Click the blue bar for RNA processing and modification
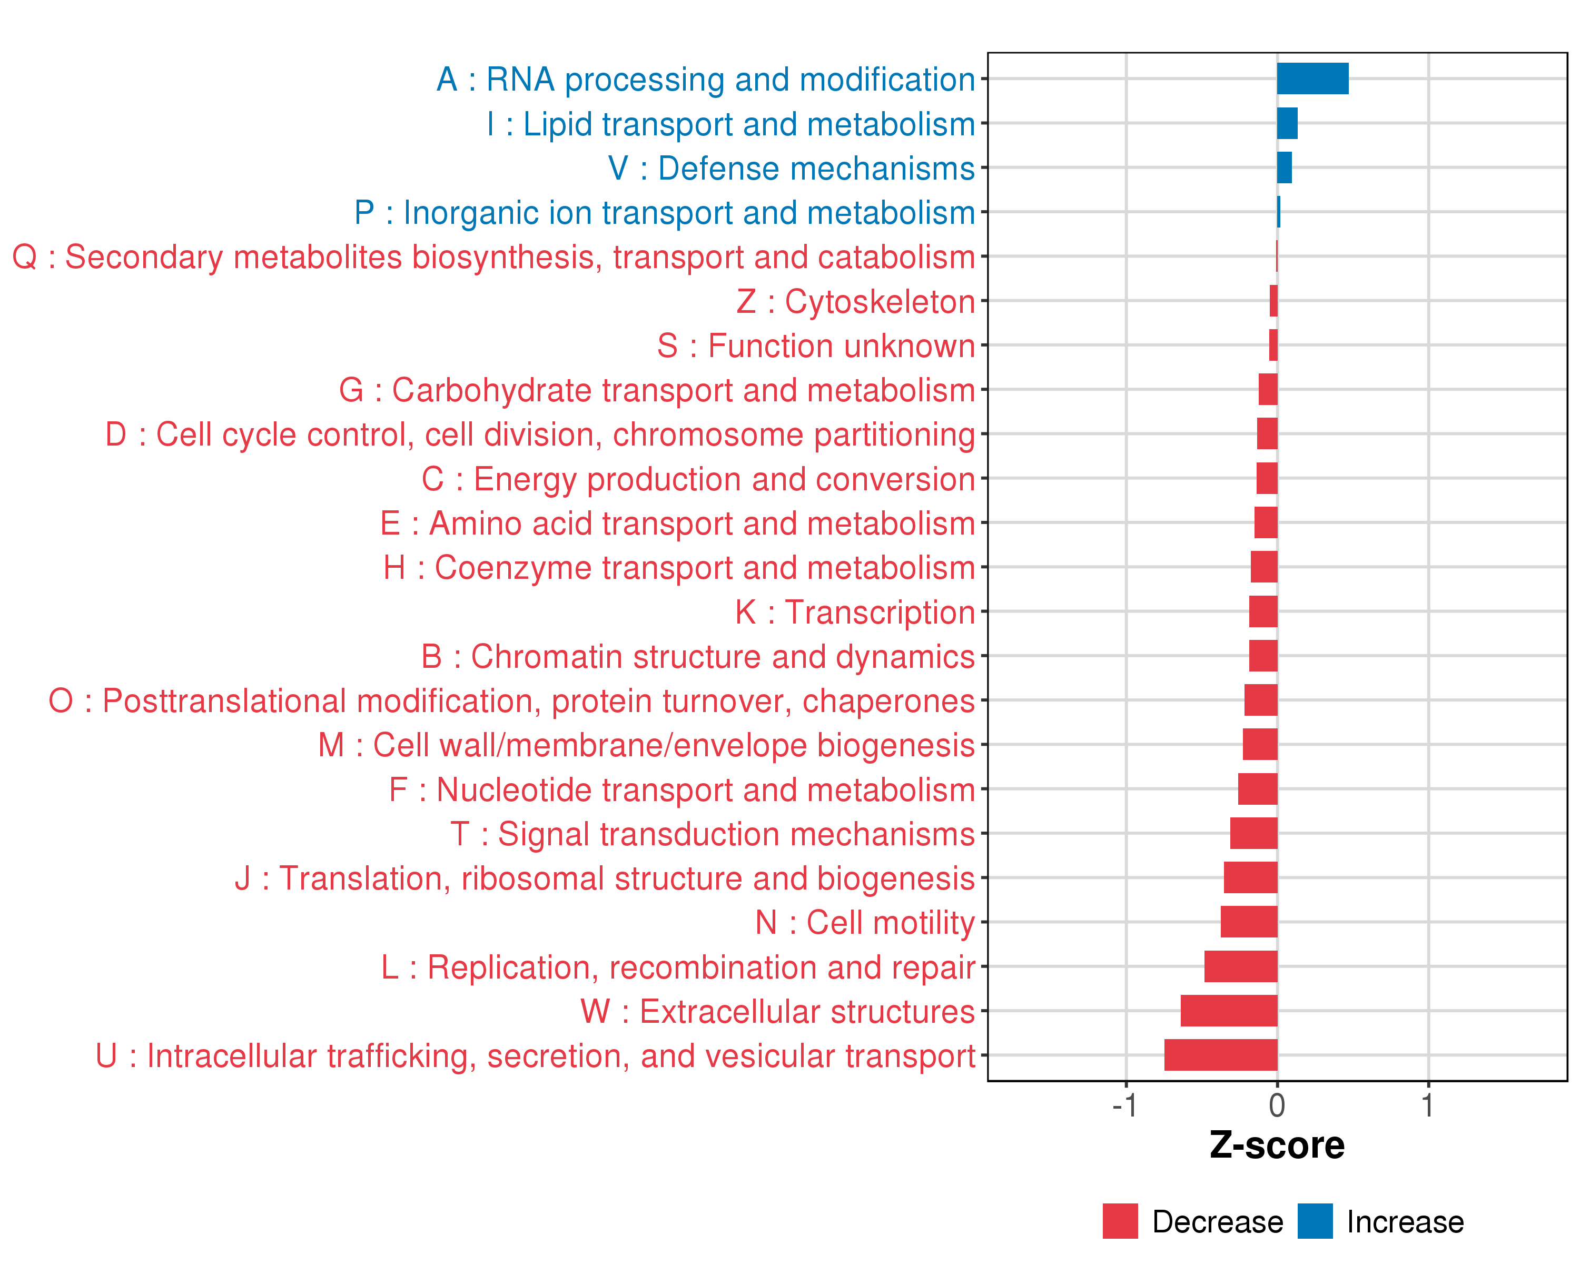[1312, 78]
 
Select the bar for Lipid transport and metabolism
[1287, 123]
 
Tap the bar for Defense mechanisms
[1284, 168]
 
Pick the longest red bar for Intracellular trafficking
[1220, 1055]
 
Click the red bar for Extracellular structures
[1228, 1011]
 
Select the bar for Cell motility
[1249, 922]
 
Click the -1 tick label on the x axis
[1125, 1105]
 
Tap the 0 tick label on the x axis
[1277, 1105]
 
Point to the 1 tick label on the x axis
[1428, 1105]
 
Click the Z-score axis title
[1277, 1145]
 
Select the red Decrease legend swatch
[1120, 1221]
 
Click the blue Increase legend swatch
[1315, 1221]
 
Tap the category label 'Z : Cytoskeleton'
[855, 302]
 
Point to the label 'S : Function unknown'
[816, 346]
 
